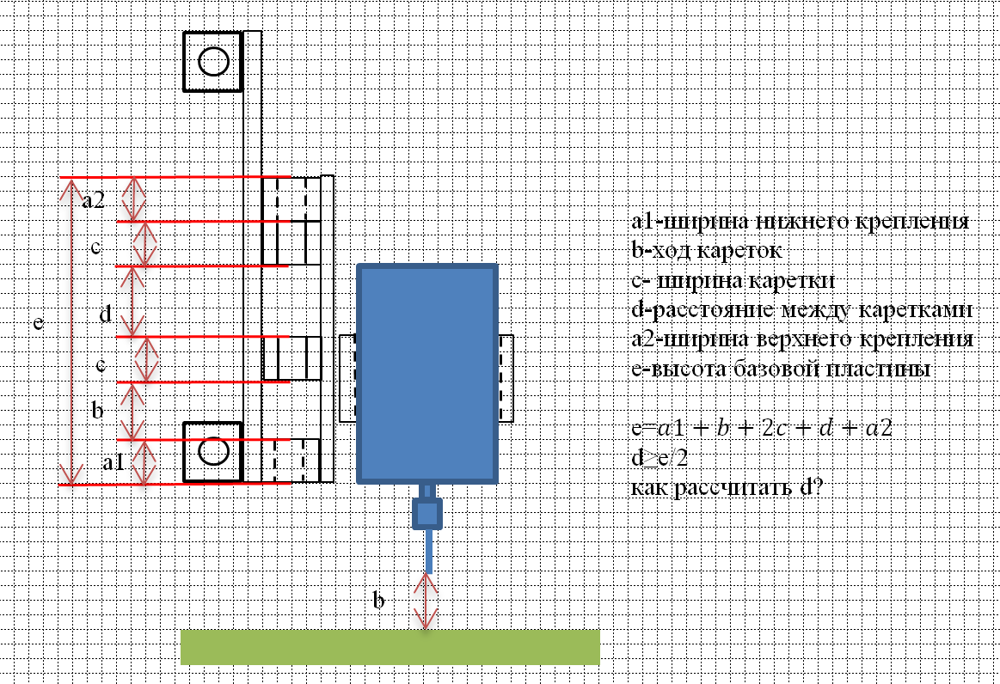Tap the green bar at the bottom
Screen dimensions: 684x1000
click(x=390, y=646)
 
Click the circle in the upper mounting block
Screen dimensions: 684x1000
click(x=213, y=62)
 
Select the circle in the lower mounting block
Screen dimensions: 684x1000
click(x=213, y=451)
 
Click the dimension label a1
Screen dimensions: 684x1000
click(x=113, y=462)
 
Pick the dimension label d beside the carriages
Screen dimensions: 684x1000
click(x=105, y=315)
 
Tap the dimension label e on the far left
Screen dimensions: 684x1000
click(x=38, y=323)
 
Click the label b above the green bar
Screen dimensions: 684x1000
click(x=377, y=599)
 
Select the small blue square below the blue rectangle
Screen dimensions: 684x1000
click(x=426, y=513)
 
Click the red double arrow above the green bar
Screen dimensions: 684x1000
click(x=426, y=601)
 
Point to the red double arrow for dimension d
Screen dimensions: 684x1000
click(x=132, y=301)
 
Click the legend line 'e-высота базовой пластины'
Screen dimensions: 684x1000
click(x=780, y=369)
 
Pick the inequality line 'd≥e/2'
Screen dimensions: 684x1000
click(x=660, y=457)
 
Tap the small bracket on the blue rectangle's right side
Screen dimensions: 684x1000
click(x=506, y=378)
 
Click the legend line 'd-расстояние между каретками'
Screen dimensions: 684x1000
click(x=801, y=310)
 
